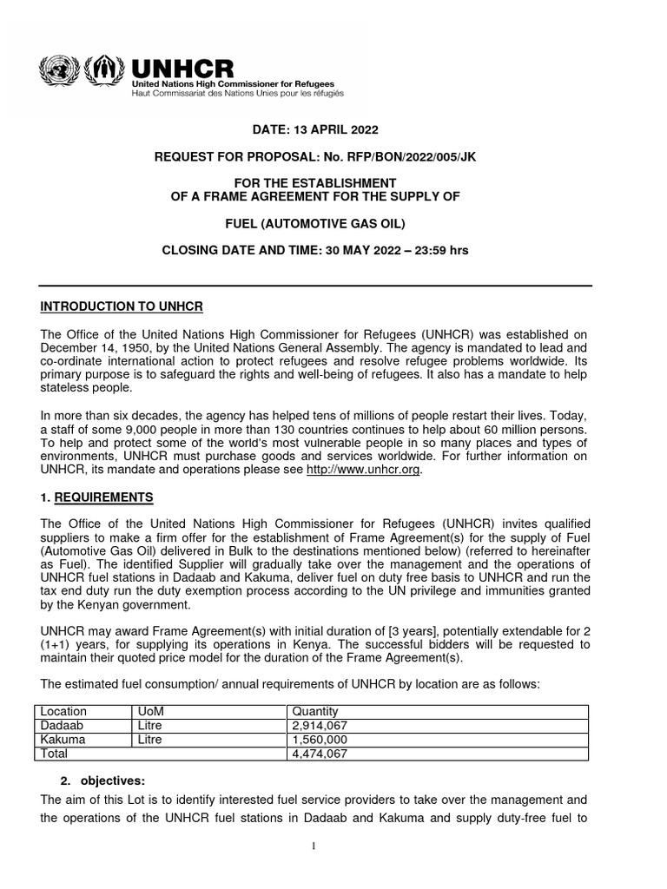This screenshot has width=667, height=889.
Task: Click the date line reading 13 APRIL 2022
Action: point(315,130)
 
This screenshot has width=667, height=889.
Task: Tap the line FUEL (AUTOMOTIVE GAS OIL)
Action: point(315,223)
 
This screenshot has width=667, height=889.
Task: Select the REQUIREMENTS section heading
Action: point(104,497)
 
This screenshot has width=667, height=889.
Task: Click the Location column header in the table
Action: point(64,711)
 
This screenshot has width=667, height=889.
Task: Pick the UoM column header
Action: point(151,711)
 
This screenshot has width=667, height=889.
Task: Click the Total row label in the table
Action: point(56,754)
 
